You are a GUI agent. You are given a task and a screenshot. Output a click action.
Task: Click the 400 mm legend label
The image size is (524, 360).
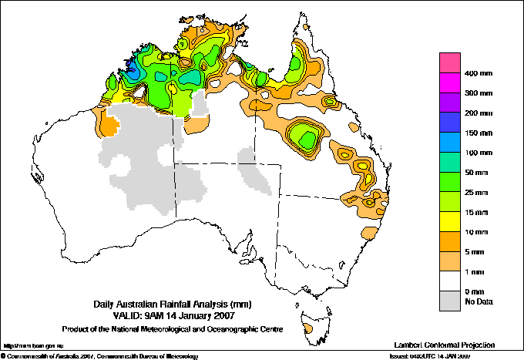click(x=477, y=73)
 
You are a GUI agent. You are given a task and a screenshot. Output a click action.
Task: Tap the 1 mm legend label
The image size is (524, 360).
click(x=475, y=271)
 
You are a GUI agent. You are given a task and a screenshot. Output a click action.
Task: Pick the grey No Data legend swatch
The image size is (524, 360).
click(x=450, y=301)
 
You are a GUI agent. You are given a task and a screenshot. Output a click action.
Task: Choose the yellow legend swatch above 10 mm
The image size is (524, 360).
click(x=450, y=221)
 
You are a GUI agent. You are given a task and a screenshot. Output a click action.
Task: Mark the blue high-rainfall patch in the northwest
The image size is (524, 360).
click(x=133, y=72)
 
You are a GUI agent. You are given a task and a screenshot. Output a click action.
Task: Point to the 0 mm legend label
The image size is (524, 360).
click(x=475, y=291)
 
